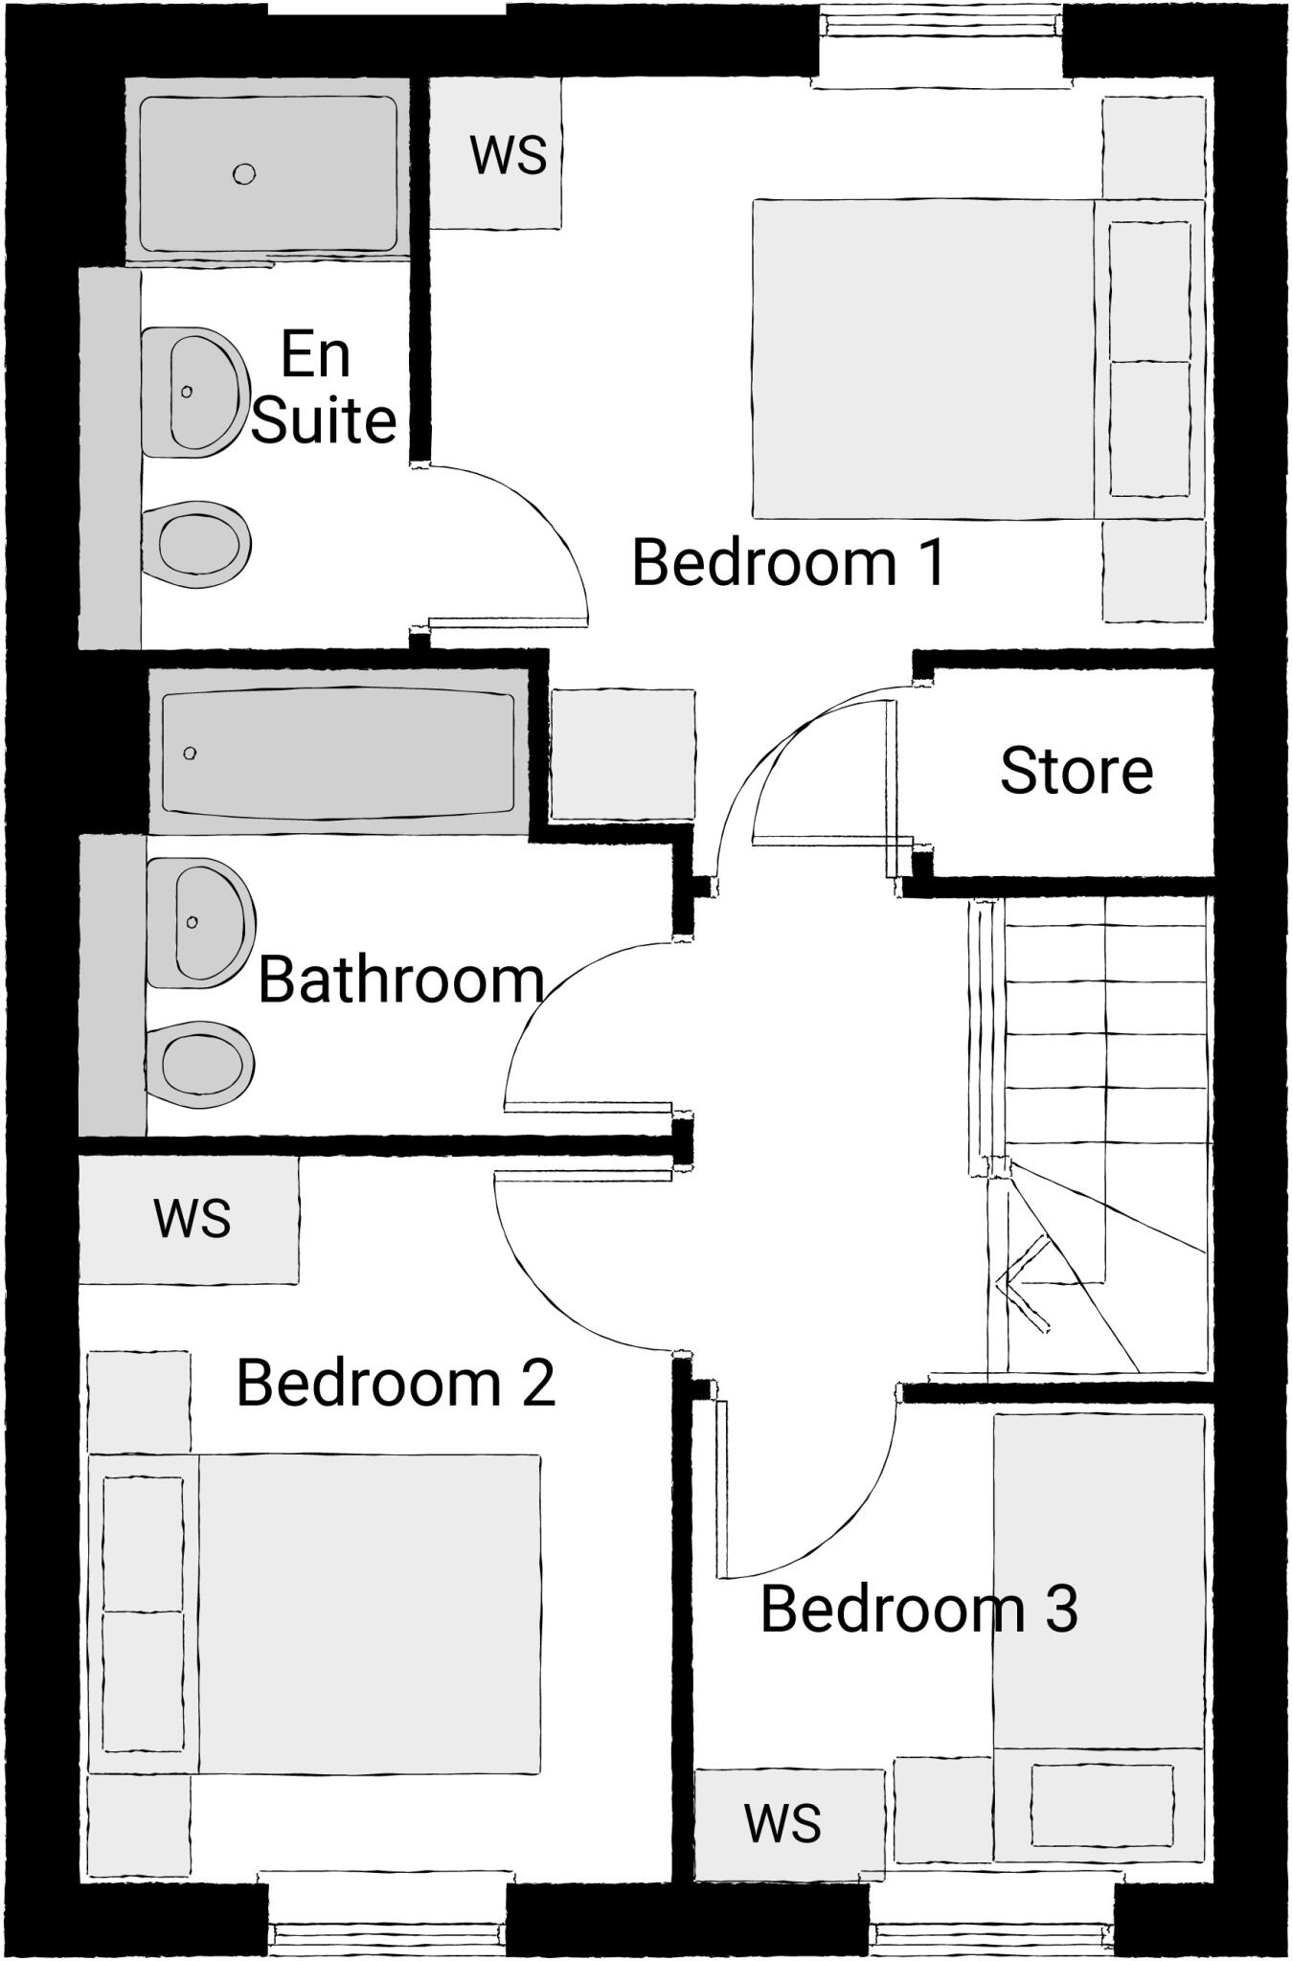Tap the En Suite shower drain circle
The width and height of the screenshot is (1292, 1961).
[244, 173]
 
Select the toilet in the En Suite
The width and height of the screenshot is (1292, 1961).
[196, 545]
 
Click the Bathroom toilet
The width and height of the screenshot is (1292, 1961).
[199, 1064]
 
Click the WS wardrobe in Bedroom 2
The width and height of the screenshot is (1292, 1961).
[190, 1219]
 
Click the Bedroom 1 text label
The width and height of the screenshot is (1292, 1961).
[788, 563]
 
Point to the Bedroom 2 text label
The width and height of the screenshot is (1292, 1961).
[395, 1384]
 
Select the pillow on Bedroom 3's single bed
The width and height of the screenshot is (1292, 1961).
[1101, 1805]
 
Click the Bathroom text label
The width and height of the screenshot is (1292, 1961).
[400, 980]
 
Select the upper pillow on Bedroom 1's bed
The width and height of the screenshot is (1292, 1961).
[1149, 291]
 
